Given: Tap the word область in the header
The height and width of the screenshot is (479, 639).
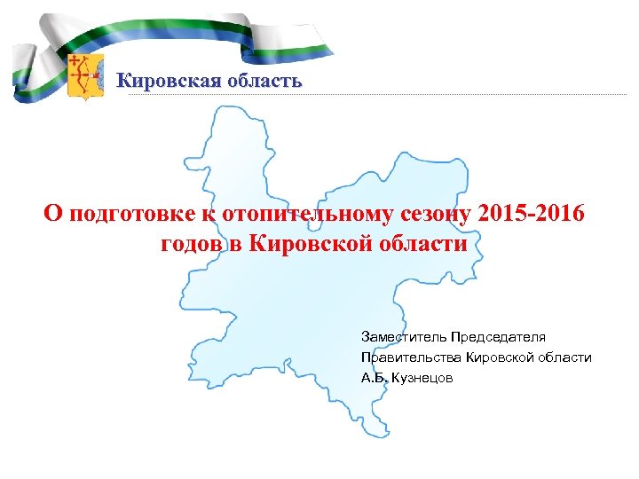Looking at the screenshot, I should click(x=259, y=82).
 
